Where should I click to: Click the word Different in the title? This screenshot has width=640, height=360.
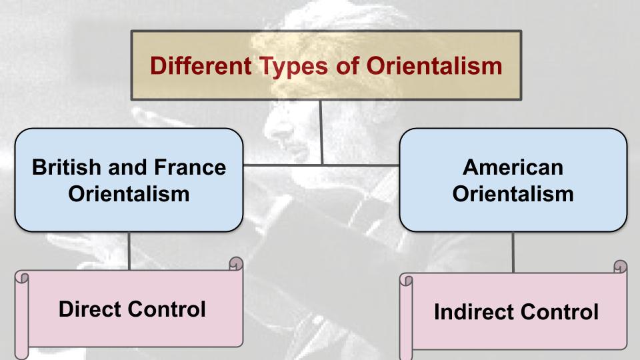click(201, 66)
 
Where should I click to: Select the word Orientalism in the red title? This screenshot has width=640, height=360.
click(434, 66)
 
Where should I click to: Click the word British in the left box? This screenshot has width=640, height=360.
click(67, 167)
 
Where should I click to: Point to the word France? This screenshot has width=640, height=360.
click(190, 167)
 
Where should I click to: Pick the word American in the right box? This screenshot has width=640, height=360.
click(513, 167)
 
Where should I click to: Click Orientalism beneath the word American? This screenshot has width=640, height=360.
click(513, 193)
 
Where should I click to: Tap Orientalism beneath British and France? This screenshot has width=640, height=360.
click(129, 193)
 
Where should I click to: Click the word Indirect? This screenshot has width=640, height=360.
click(474, 312)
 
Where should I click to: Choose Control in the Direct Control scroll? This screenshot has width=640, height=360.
click(167, 309)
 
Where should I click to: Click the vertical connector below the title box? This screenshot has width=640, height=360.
click(321, 132)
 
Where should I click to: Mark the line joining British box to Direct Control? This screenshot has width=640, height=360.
click(129, 251)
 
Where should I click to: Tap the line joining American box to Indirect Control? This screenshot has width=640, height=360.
click(513, 252)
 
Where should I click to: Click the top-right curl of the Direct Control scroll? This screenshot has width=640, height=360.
click(236, 263)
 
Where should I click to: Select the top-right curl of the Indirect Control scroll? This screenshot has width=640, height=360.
click(621, 267)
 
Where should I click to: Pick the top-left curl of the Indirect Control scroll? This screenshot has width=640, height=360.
click(406, 280)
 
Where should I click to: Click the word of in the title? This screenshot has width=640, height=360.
click(347, 66)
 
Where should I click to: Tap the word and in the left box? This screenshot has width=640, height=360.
click(127, 167)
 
